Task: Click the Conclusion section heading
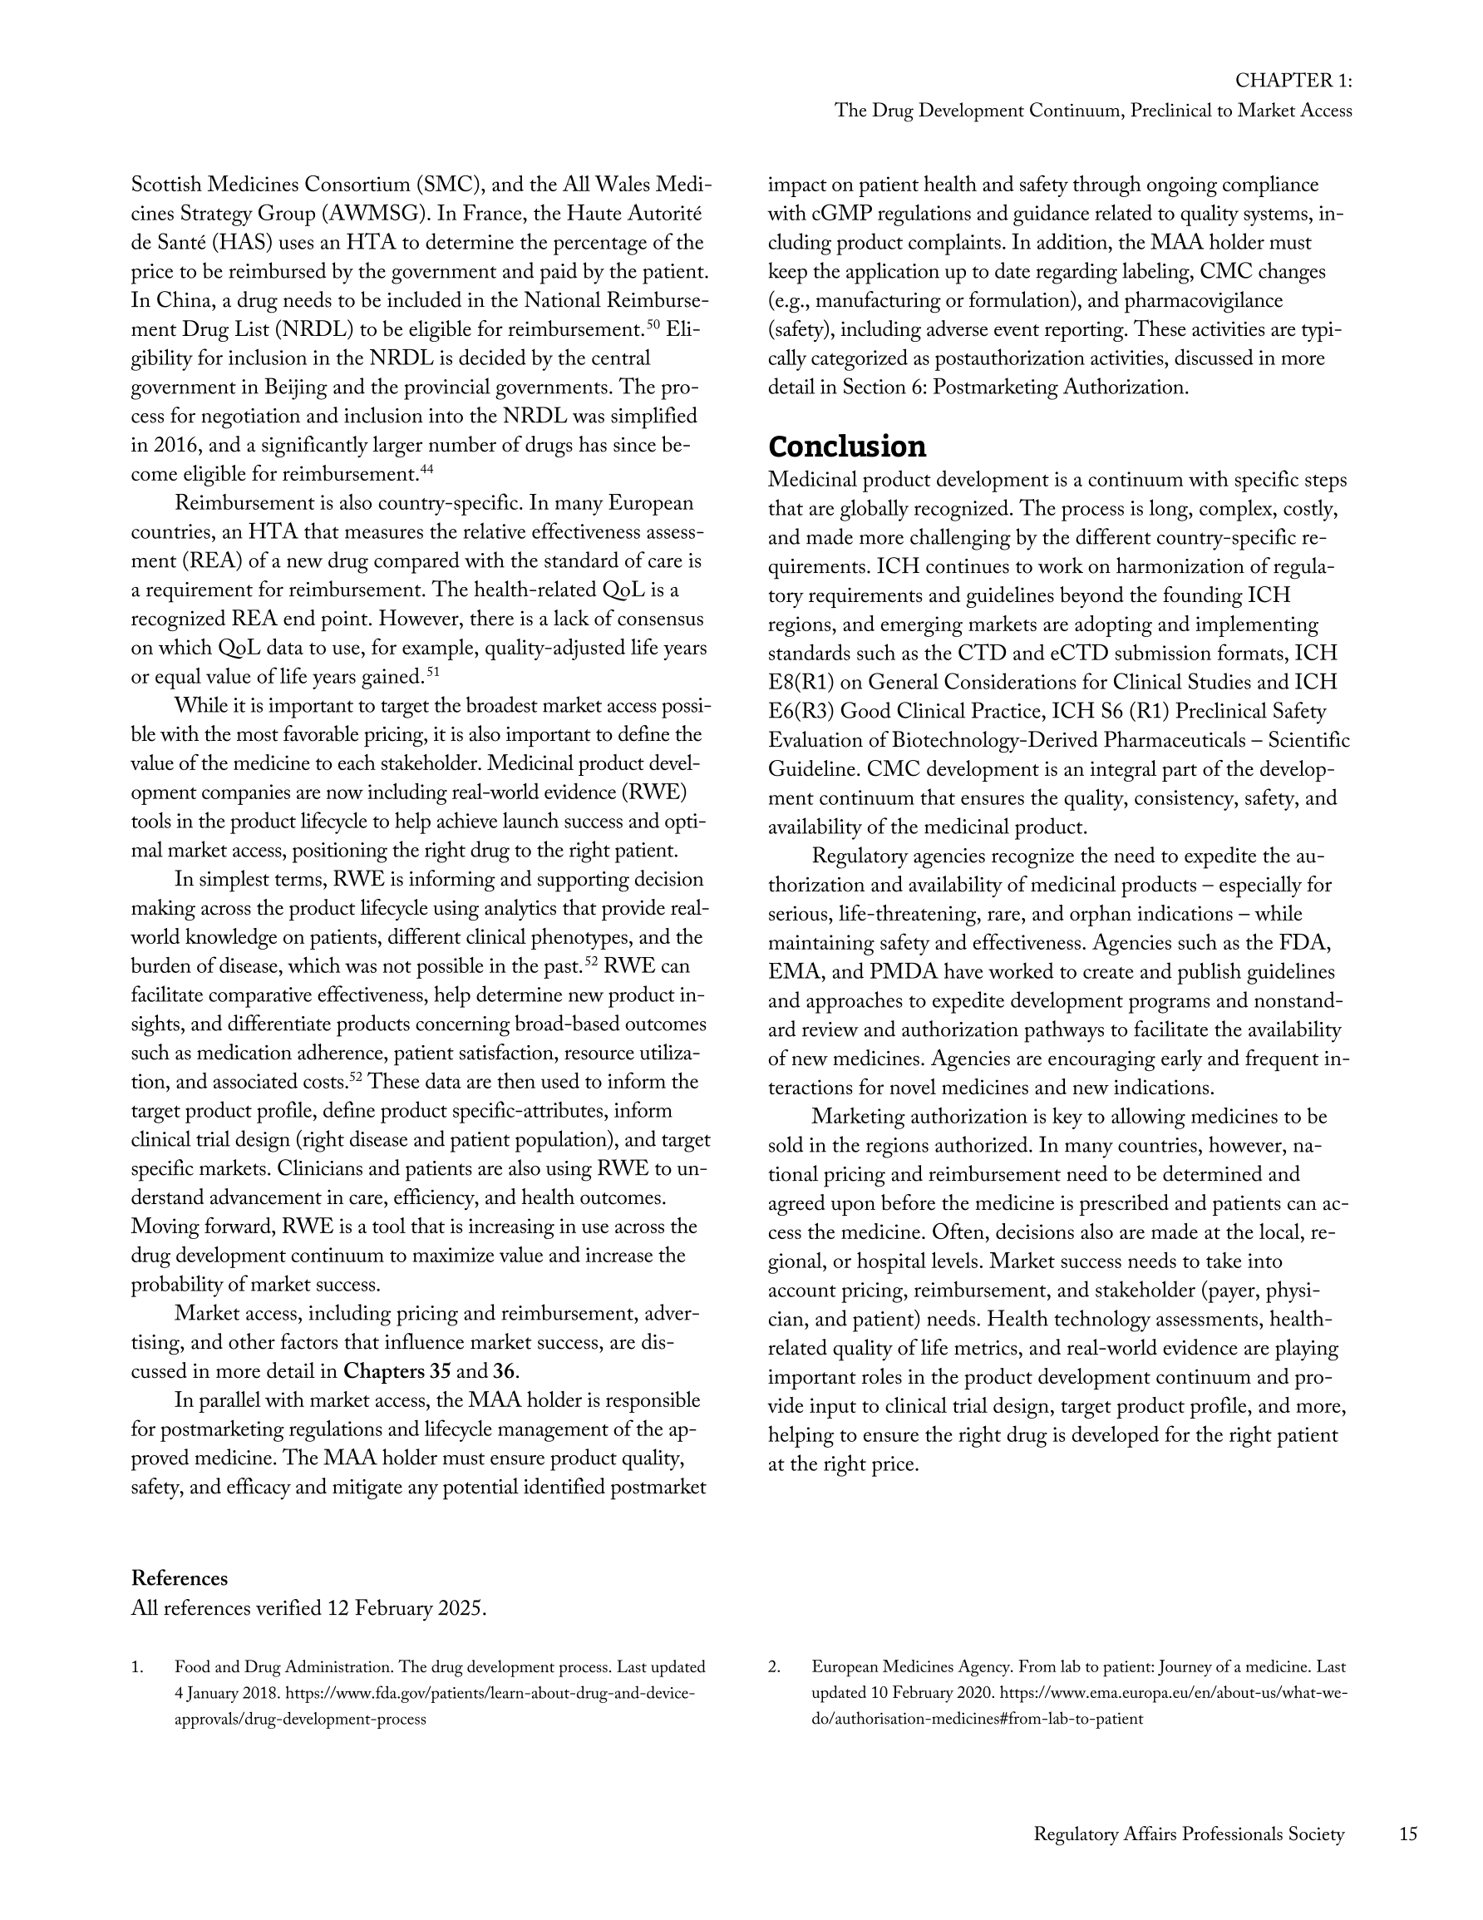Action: (x=846, y=447)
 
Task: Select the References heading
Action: (x=180, y=1578)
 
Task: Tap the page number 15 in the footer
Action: (x=1407, y=1834)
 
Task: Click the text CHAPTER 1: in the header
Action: (x=1293, y=80)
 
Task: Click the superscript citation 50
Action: (x=653, y=326)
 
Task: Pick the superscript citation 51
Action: (x=432, y=673)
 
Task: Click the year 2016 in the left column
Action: (x=178, y=445)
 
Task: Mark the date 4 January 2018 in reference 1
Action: (x=226, y=1693)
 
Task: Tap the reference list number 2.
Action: (x=775, y=1667)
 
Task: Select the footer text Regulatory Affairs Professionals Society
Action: (x=1189, y=1834)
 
